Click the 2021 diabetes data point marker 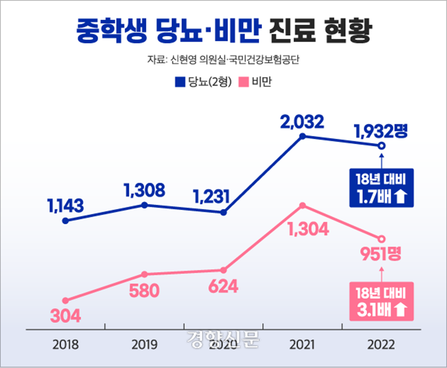tap(302, 135)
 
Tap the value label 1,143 tap(65, 205)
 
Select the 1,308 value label tap(144, 189)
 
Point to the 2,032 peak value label tap(302, 121)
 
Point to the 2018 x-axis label tap(65, 344)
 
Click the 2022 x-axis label tap(382, 344)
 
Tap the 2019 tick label tap(144, 344)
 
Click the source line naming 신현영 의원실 tap(223, 61)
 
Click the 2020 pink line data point tap(223, 270)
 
